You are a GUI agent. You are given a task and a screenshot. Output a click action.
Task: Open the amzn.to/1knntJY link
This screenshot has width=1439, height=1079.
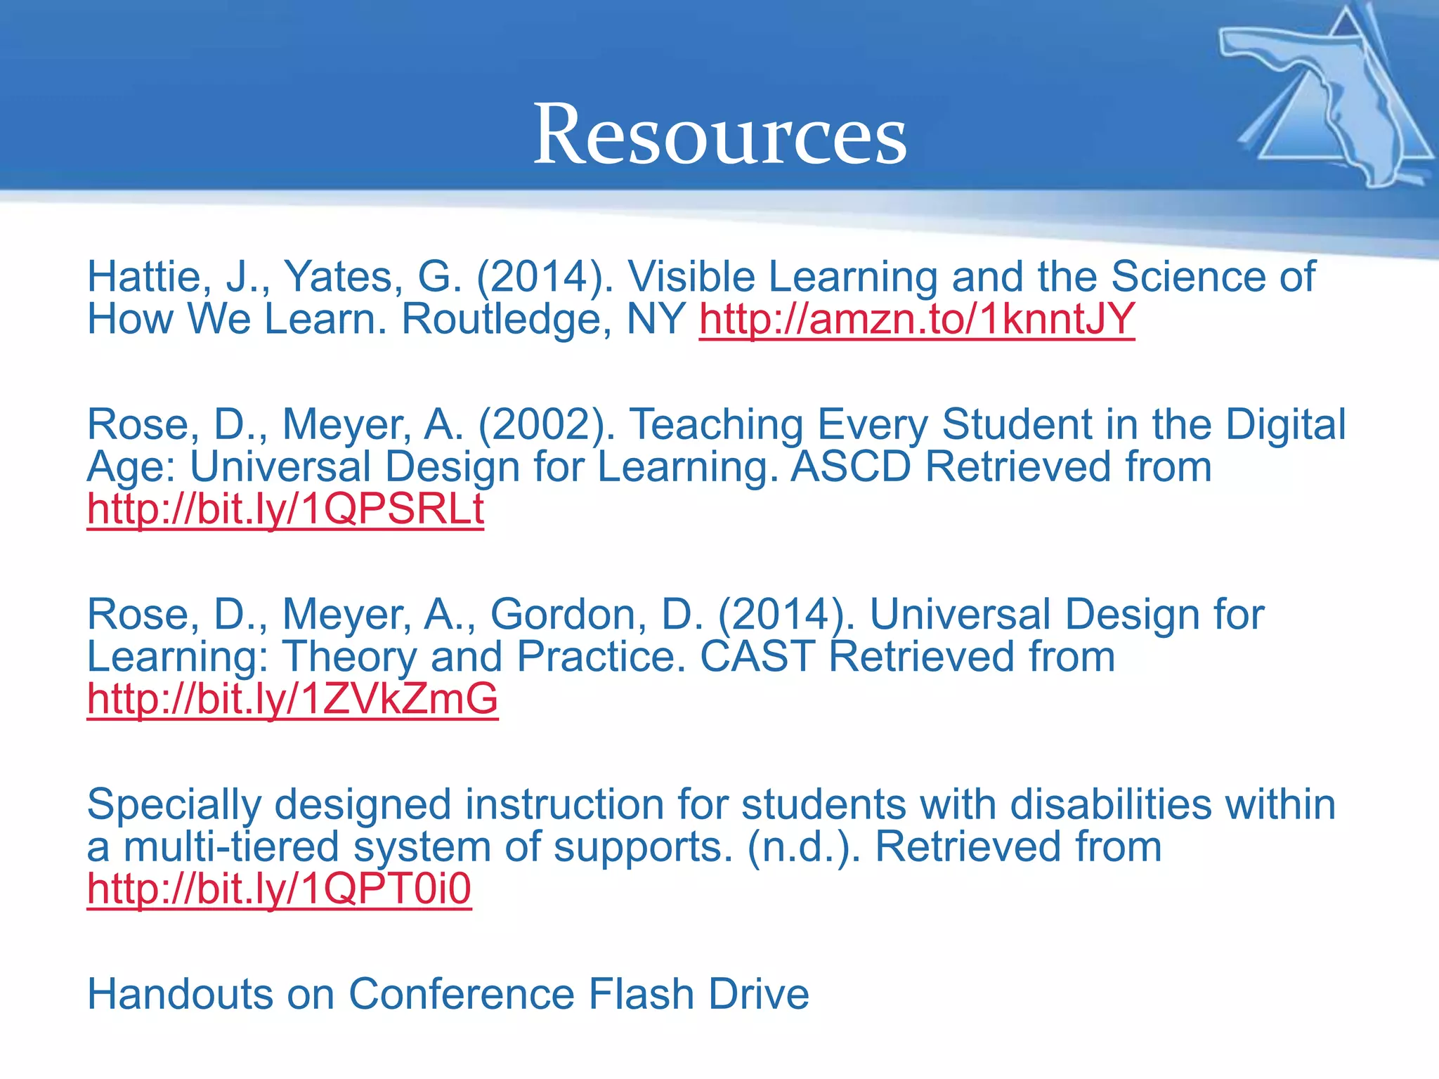click(x=916, y=320)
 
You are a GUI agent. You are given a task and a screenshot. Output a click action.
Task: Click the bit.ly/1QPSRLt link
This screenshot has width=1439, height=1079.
click(x=285, y=509)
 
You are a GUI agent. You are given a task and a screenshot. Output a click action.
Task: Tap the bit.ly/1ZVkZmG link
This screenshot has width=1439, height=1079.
click(x=292, y=699)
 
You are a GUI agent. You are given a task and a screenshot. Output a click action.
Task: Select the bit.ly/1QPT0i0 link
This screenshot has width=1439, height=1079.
click(x=279, y=889)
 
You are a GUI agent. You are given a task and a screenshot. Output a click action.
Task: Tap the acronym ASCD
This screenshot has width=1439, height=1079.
click(x=851, y=467)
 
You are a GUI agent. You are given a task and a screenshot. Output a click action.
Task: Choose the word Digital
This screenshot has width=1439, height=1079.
click(x=1285, y=425)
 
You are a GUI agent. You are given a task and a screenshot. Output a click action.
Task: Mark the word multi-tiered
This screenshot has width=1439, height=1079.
click(x=231, y=847)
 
